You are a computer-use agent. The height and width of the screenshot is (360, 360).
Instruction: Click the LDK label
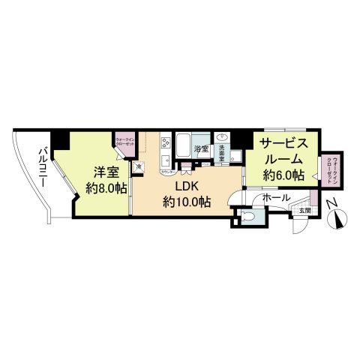pyautogui.click(x=187, y=185)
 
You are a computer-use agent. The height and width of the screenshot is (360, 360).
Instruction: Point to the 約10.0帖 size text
pyautogui.click(x=187, y=201)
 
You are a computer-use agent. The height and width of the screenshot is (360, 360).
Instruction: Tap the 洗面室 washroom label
pyautogui.click(x=222, y=149)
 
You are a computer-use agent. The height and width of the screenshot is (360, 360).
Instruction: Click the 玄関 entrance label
pyautogui.click(x=303, y=211)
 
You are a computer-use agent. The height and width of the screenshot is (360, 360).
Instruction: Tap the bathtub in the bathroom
pyautogui.click(x=184, y=142)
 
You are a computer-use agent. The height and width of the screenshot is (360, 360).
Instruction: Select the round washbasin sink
pyautogui.click(x=223, y=138)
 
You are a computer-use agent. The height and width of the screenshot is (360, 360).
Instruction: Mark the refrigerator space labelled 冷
pyautogui.click(x=139, y=166)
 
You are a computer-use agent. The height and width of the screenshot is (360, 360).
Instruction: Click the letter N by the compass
pyautogui.click(x=330, y=203)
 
